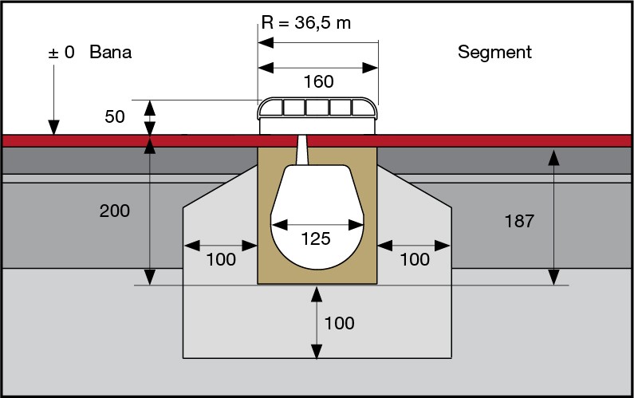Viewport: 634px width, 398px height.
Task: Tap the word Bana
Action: pos(110,53)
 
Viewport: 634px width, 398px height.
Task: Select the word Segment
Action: pos(494,53)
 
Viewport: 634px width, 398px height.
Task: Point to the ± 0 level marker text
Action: pos(61,53)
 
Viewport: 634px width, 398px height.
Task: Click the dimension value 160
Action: pos(317,81)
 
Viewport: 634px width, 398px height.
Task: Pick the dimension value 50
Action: pos(116,117)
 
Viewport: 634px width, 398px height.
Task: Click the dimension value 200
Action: pos(115,211)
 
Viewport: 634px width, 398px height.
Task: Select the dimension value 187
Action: pos(518,221)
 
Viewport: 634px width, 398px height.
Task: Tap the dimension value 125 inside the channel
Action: pos(317,238)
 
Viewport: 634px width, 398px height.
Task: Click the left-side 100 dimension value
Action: pos(220,259)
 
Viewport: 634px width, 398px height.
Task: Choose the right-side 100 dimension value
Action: pos(414,259)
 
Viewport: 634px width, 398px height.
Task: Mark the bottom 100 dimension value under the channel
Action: pos(340,323)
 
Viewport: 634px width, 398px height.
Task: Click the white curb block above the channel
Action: pos(317,116)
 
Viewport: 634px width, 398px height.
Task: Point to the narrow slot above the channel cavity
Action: pos(304,148)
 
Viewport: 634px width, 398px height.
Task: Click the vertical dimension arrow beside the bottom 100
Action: pos(317,323)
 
